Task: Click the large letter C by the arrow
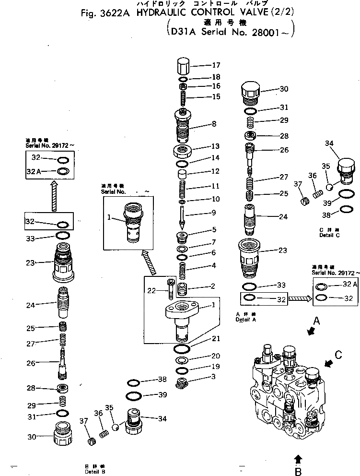coord(339,356)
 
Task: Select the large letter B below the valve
coord(299,471)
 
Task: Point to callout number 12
coord(214,171)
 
